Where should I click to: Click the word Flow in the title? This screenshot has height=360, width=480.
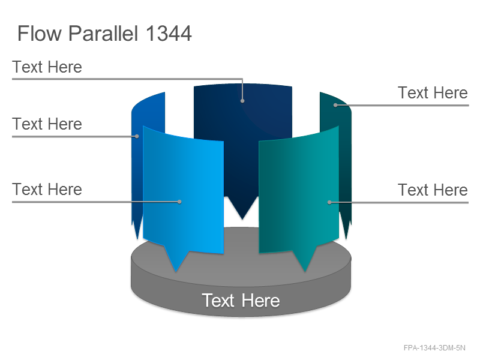[x=40, y=33]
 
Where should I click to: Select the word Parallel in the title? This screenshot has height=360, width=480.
[x=103, y=33]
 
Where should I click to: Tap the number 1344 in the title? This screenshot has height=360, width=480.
[x=169, y=33]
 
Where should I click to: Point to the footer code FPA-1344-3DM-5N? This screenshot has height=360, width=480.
[x=434, y=348]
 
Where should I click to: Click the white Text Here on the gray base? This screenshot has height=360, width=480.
[x=241, y=301]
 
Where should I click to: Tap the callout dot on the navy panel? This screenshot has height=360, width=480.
[x=242, y=101]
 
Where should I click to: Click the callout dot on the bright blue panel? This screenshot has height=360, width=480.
[x=179, y=202]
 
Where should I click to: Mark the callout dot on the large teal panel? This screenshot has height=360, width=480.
[x=329, y=202]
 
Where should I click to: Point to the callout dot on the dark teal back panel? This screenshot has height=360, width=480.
[x=335, y=105]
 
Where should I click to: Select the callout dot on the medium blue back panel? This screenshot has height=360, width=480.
[x=137, y=136]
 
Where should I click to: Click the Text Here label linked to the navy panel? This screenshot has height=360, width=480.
[x=47, y=67]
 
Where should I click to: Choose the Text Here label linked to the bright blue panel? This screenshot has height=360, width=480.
[x=47, y=189]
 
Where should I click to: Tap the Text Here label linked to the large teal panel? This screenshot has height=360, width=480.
[x=433, y=190]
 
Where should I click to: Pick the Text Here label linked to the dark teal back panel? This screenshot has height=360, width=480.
[x=433, y=92]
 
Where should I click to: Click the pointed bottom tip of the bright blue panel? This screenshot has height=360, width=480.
[x=176, y=272]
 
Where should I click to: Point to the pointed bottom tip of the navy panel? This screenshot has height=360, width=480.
[x=242, y=219]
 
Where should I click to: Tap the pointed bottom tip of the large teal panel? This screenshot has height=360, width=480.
[x=305, y=272]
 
